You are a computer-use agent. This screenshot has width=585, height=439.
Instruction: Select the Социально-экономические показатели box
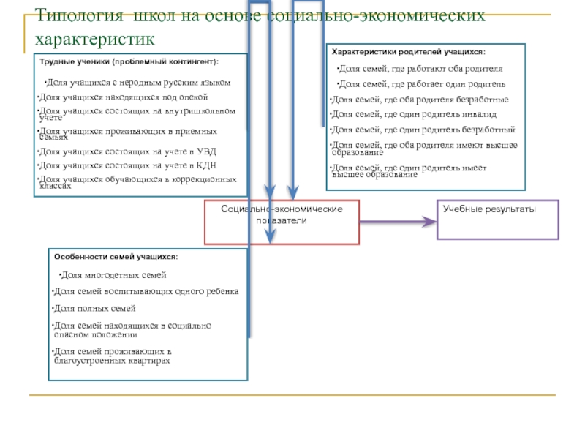click(x=282, y=221)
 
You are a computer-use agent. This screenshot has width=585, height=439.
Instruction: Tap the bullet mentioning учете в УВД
click(x=127, y=151)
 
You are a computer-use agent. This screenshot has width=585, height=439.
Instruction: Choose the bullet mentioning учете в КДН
click(x=127, y=165)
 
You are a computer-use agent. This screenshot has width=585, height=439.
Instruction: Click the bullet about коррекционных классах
click(x=137, y=182)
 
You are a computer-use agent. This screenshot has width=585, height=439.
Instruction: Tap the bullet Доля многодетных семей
click(x=113, y=275)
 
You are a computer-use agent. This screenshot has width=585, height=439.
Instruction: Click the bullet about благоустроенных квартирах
click(x=113, y=356)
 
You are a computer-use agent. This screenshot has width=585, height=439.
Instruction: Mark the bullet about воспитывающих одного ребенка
click(x=146, y=291)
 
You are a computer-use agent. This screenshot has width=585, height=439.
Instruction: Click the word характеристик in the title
click(x=95, y=37)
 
